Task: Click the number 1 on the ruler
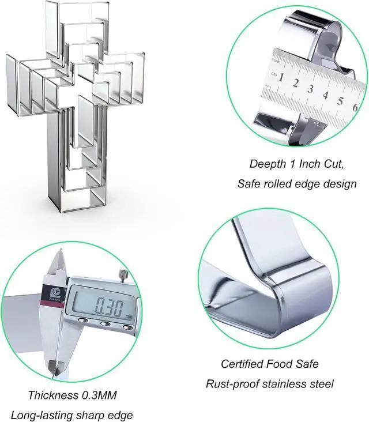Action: [x=281, y=77]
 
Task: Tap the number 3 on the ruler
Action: [x=311, y=89]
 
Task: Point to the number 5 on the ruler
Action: [x=341, y=101]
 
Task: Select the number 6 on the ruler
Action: [x=355, y=107]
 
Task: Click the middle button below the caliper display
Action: [x=106, y=323]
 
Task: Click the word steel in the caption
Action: [x=321, y=383]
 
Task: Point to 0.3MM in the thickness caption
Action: [x=99, y=395]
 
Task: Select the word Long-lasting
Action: [x=36, y=415]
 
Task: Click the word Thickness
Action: [x=53, y=395]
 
